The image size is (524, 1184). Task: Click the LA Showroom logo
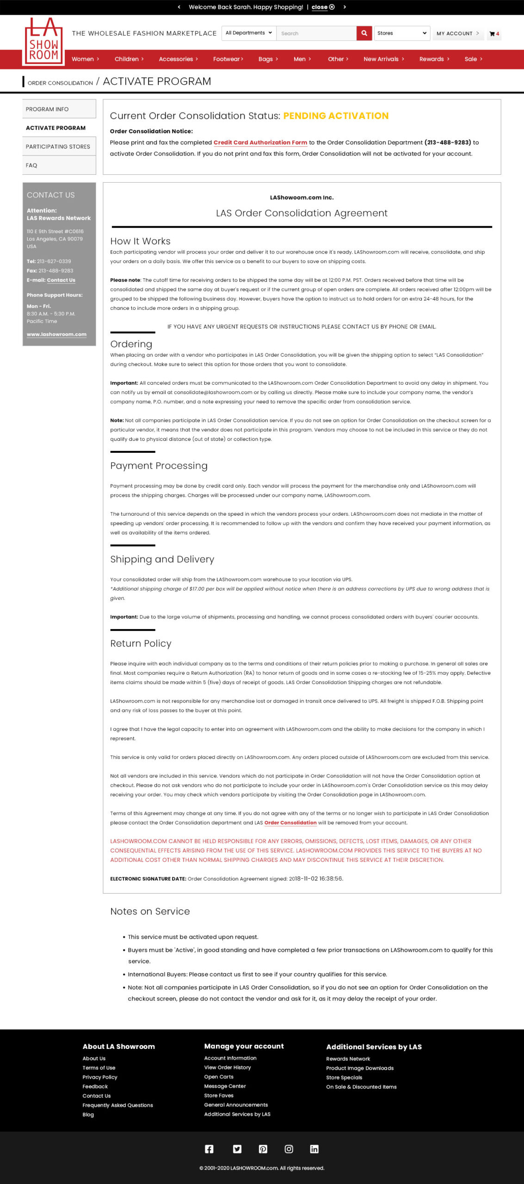click(x=43, y=42)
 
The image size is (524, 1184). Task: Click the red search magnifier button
click(x=364, y=33)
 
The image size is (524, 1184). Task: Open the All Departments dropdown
click(x=248, y=33)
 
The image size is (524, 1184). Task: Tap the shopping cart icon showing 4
click(x=494, y=34)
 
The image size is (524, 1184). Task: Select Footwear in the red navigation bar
click(x=228, y=59)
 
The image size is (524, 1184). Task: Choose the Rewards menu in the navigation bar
click(x=434, y=59)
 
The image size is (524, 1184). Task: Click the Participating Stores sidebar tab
click(x=58, y=147)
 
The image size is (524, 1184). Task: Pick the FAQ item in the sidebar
click(x=31, y=166)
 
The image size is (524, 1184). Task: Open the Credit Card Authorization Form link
click(x=260, y=143)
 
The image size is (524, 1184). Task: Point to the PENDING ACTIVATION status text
click(x=336, y=116)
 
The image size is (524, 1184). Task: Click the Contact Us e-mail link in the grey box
click(x=61, y=280)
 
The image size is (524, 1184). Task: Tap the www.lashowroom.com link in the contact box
click(x=56, y=334)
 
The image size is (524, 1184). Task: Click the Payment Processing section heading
click(x=159, y=466)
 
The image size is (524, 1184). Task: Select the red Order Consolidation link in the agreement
click(x=290, y=823)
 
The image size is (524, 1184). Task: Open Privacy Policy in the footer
click(x=100, y=1077)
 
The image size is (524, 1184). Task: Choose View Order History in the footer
click(x=228, y=1067)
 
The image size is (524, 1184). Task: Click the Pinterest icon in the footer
click(x=263, y=1149)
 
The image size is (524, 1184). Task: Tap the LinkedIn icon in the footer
click(x=314, y=1149)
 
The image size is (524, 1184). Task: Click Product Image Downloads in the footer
click(x=360, y=1068)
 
